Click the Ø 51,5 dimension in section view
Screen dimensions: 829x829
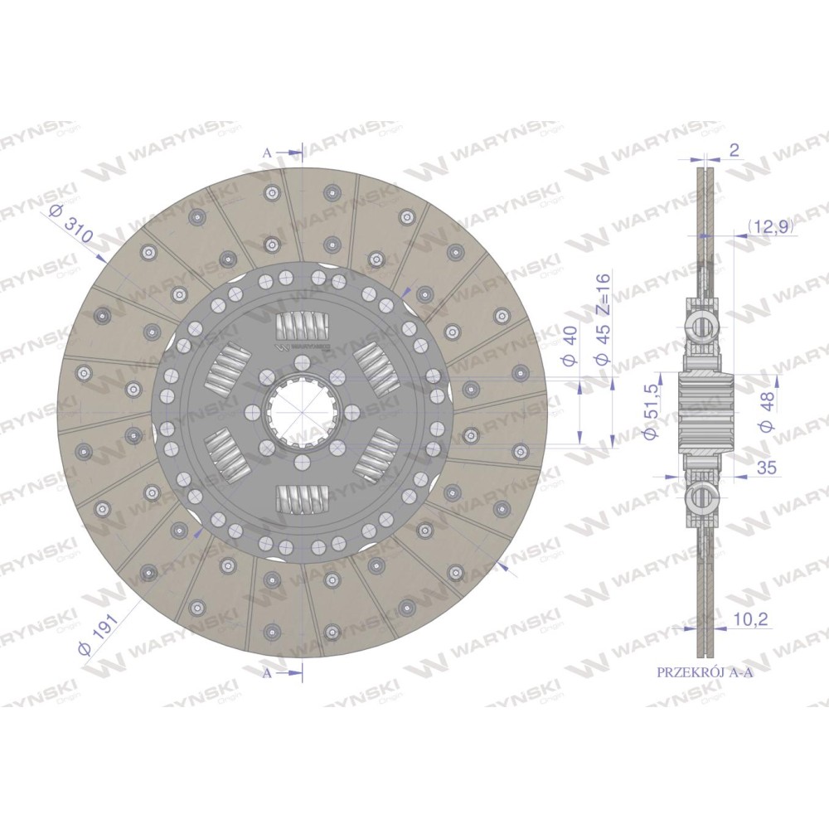(x=650, y=412)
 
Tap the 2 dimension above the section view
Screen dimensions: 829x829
(x=734, y=151)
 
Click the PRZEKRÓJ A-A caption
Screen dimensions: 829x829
(x=704, y=672)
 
